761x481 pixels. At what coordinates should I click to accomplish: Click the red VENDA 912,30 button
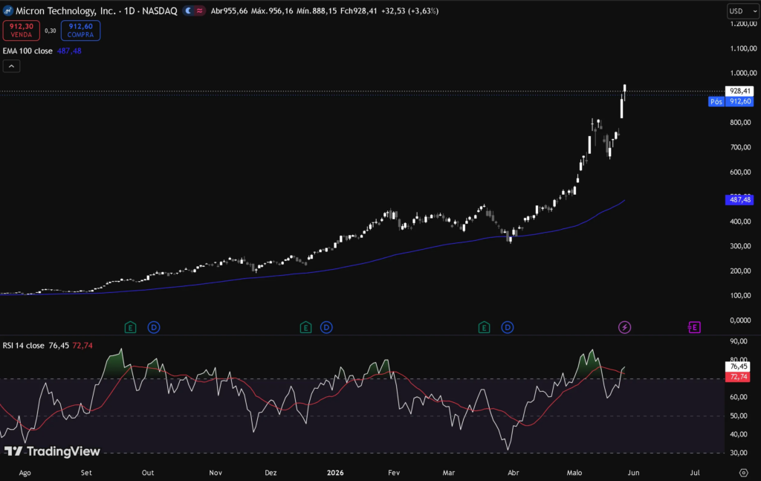22,30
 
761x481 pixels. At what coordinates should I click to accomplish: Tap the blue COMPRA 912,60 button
80,30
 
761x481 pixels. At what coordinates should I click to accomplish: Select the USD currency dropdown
742,11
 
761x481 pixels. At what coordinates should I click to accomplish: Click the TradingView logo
52,451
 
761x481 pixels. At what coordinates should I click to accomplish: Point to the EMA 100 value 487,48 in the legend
69,51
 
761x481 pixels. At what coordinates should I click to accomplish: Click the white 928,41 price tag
739,91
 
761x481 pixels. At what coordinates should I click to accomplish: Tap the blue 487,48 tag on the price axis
739,199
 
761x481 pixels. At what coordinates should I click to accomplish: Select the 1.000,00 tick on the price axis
743,73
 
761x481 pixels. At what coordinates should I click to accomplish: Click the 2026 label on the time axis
335,473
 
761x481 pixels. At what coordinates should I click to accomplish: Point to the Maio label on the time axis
574,473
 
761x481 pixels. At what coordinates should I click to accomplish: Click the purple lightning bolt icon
624,328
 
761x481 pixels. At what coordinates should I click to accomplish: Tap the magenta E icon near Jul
694,328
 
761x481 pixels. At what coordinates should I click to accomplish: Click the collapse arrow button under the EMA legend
11,66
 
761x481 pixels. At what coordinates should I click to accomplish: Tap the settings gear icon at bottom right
743,473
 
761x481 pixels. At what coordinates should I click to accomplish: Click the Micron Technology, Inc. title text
65,10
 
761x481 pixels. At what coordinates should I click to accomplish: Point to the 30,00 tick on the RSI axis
739,453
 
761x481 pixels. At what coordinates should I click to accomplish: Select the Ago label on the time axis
25,473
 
